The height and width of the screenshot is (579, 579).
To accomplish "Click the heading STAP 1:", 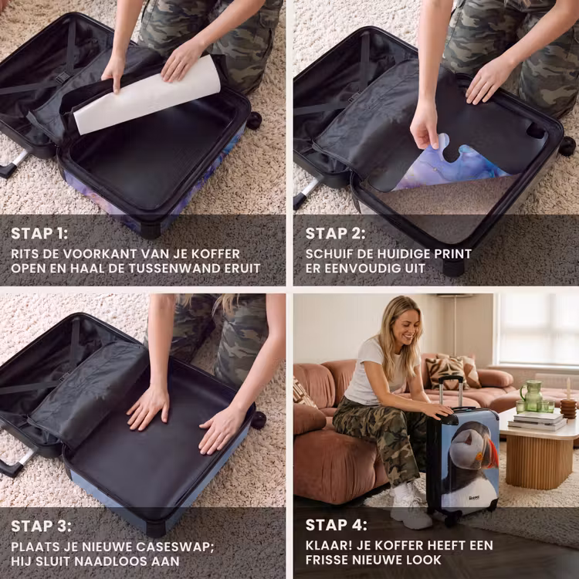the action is point(39,233).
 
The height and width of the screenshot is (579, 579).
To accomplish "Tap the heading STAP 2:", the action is point(335,233).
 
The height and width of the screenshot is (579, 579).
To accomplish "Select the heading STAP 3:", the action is point(41,527).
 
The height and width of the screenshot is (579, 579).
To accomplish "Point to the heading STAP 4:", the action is point(337,525).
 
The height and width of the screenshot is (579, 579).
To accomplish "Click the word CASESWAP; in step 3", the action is point(171,547).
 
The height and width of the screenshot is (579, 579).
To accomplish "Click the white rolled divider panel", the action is point(147,95).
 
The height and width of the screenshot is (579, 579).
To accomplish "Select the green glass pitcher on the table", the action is point(531,396).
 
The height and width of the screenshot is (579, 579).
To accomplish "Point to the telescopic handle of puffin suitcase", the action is point(451,391).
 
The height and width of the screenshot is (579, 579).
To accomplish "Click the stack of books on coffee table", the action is point(537,420).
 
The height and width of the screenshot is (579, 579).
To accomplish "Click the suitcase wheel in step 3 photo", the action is point(258,421).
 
